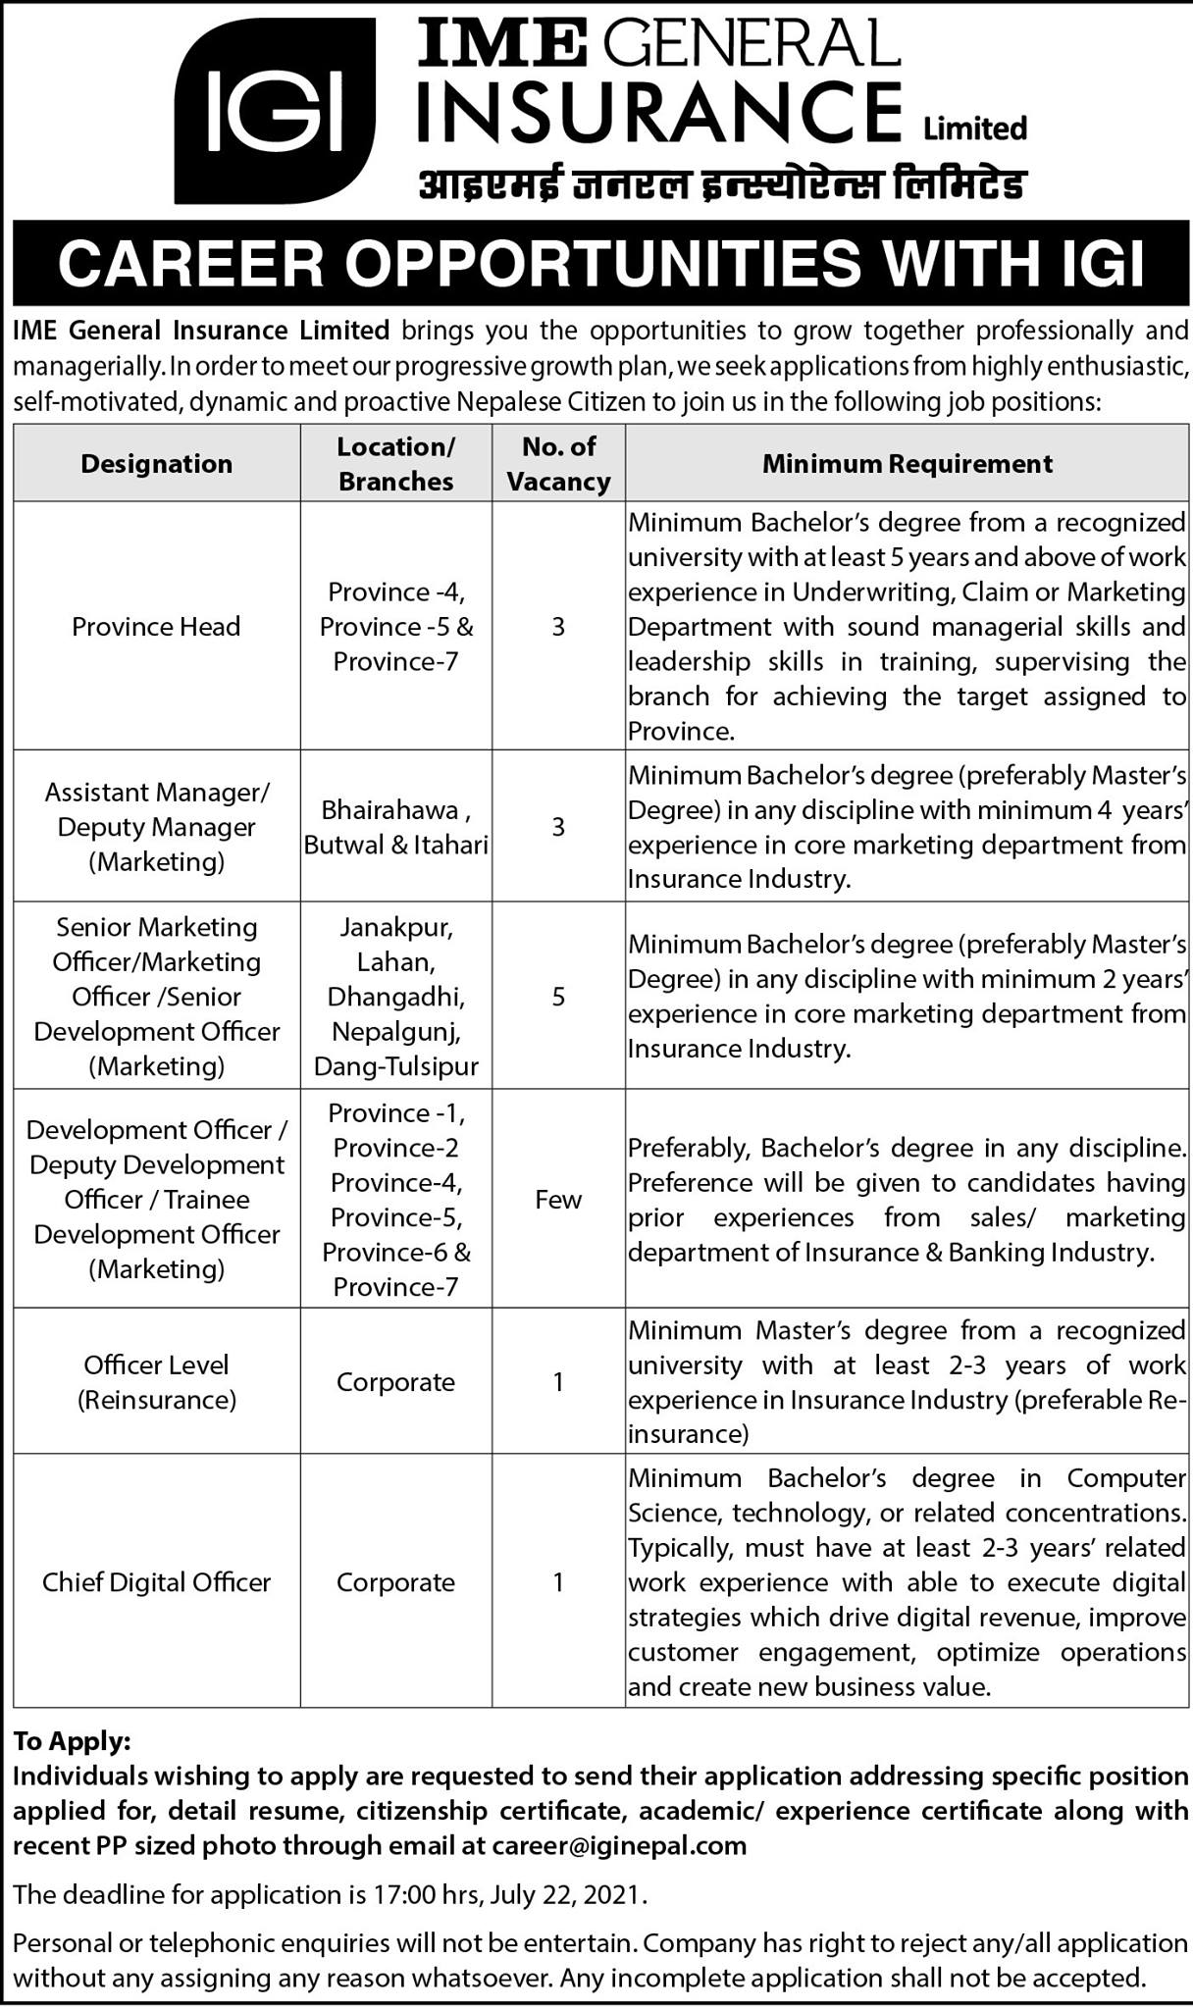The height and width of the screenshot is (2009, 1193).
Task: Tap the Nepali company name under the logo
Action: tap(722, 183)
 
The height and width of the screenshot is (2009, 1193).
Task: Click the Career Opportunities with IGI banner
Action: tap(600, 264)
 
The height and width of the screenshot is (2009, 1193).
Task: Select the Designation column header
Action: tap(157, 463)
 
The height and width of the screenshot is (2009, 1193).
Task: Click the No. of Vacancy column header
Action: tap(558, 464)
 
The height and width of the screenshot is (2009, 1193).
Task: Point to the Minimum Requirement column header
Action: tap(908, 463)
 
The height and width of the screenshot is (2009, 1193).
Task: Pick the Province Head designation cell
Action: tap(156, 626)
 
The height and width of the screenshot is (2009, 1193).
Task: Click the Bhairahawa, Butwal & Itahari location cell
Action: tap(395, 827)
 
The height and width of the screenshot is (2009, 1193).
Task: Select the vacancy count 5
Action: tap(558, 997)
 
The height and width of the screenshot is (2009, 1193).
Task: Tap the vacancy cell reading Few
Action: tap(558, 1199)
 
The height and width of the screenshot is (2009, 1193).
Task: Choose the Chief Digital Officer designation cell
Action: tap(156, 1581)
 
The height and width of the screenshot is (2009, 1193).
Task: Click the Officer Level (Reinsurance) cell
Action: tap(157, 1381)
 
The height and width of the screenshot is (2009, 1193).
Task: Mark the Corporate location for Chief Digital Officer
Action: tap(395, 1581)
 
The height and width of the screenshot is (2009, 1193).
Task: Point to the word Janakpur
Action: tap(395, 927)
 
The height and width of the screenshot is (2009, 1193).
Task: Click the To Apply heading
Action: tap(72, 1741)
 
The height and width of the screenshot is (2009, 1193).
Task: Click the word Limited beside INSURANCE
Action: tap(975, 129)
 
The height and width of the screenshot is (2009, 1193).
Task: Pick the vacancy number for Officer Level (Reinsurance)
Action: tap(558, 1381)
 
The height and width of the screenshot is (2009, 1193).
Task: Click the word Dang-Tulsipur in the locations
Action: tap(395, 1066)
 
